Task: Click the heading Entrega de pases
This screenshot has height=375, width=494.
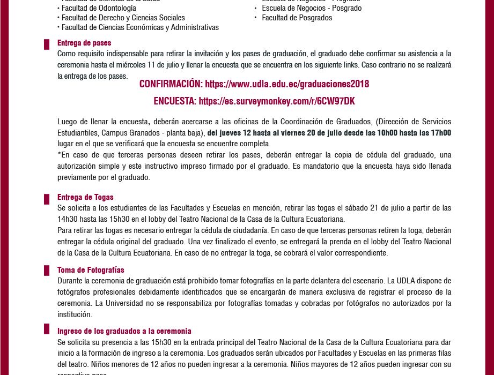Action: pyautogui.click(x=84, y=43)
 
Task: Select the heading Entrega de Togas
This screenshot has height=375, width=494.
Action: pyautogui.click(x=85, y=197)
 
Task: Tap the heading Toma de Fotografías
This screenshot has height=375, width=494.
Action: pyautogui.click(x=91, y=270)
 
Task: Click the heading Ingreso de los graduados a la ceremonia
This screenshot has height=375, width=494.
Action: pyautogui.click(x=124, y=331)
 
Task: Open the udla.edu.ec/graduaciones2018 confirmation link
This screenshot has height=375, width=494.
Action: pyautogui.click(x=287, y=84)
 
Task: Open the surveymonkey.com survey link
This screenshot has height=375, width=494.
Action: pyautogui.click(x=277, y=101)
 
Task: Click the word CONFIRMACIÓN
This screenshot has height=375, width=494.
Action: pyautogui.click(x=171, y=84)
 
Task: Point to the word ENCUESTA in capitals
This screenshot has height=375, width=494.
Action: pyautogui.click(x=174, y=101)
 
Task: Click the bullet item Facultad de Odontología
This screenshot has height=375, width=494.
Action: pyautogui.click(x=99, y=8)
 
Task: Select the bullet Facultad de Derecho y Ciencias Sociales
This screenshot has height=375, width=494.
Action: pyautogui.click(x=123, y=18)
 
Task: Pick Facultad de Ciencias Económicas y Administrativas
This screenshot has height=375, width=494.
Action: pyautogui.click(x=140, y=27)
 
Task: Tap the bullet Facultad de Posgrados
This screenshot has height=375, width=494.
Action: pyautogui.click(x=297, y=18)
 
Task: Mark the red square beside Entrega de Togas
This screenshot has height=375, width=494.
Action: pyautogui.click(x=47, y=199)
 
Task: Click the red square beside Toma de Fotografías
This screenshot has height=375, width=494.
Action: pyautogui.click(x=47, y=271)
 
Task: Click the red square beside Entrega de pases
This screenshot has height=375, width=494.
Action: pyautogui.click(x=47, y=44)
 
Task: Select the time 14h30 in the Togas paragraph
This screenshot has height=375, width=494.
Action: pyautogui.click(x=67, y=219)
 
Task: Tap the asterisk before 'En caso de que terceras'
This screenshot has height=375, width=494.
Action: pyautogui.click(x=59, y=154)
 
